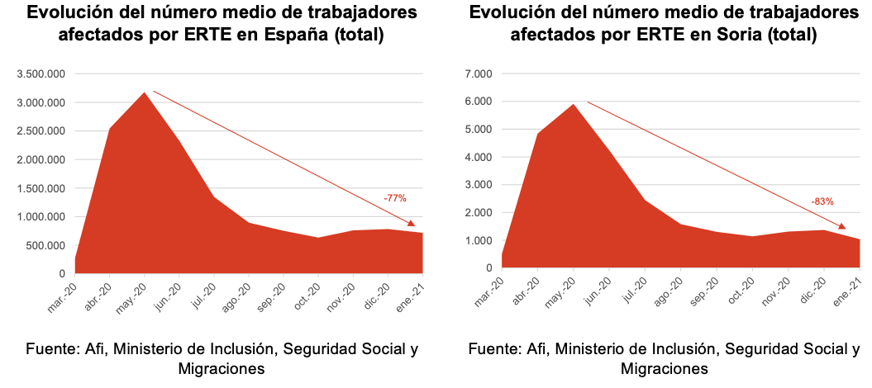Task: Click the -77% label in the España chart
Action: pyautogui.click(x=395, y=198)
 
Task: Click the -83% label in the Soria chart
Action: pyautogui.click(x=822, y=201)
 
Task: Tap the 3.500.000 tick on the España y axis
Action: pyautogui.click(x=41, y=74)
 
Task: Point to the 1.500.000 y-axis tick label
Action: pyautogui.click(x=41, y=188)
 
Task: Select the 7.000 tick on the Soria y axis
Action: pyautogui.click(x=479, y=74)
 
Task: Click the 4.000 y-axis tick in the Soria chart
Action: pyautogui.click(x=479, y=157)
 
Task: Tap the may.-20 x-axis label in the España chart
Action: pyautogui.click(x=131, y=294)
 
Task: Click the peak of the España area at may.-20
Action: pyautogui.click(x=145, y=92)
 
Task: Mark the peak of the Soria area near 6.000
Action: pyautogui.click(x=573, y=105)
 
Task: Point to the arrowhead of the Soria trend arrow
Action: pyautogui.click(x=842, y=226)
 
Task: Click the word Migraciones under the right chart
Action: pyautogui.click(x=665, y=368)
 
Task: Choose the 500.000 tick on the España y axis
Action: pyautogui.click(x=45, y=245)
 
